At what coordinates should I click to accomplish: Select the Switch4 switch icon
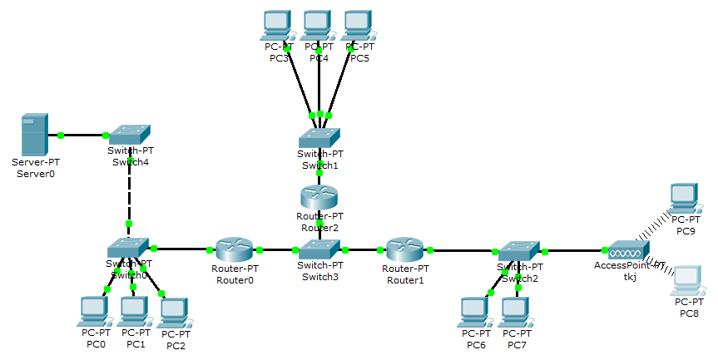[x=129, y=134]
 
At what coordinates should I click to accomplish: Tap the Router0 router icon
[x=234, y=249]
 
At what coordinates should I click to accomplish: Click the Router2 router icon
[x=319, y=198]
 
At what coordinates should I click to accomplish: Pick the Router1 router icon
[x=405, y=249]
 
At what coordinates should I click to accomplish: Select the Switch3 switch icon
[x=319, y=249]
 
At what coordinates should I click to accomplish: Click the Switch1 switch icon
[x=319, y=137]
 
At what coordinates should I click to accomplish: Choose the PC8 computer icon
[x=686, y=279]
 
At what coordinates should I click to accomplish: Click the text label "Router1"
[x=405, y=280]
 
